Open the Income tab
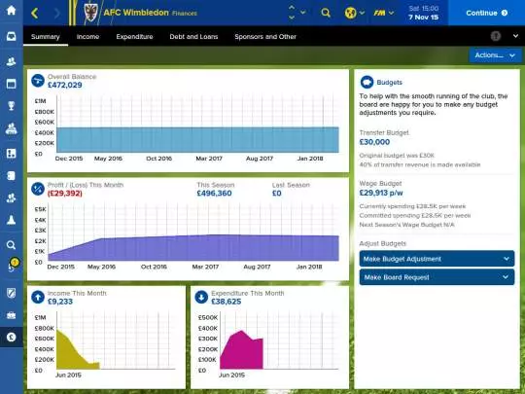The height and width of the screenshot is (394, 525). (x=87, y=36)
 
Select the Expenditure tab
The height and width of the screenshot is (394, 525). (x=134, y=36)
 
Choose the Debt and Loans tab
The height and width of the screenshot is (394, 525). (x=193, y=36)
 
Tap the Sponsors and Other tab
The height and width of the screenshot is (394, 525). (x=265, y=36)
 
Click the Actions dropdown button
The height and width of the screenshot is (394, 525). (x=494, y=55)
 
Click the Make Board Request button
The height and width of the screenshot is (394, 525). (x=437, y=277)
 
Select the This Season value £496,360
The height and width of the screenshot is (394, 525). (x=214, y=194)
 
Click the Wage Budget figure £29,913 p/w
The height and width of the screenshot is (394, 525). (x=387, y=194)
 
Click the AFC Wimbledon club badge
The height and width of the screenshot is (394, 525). (x=91, y=14)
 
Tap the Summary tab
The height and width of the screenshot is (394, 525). (x=45, y=36)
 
